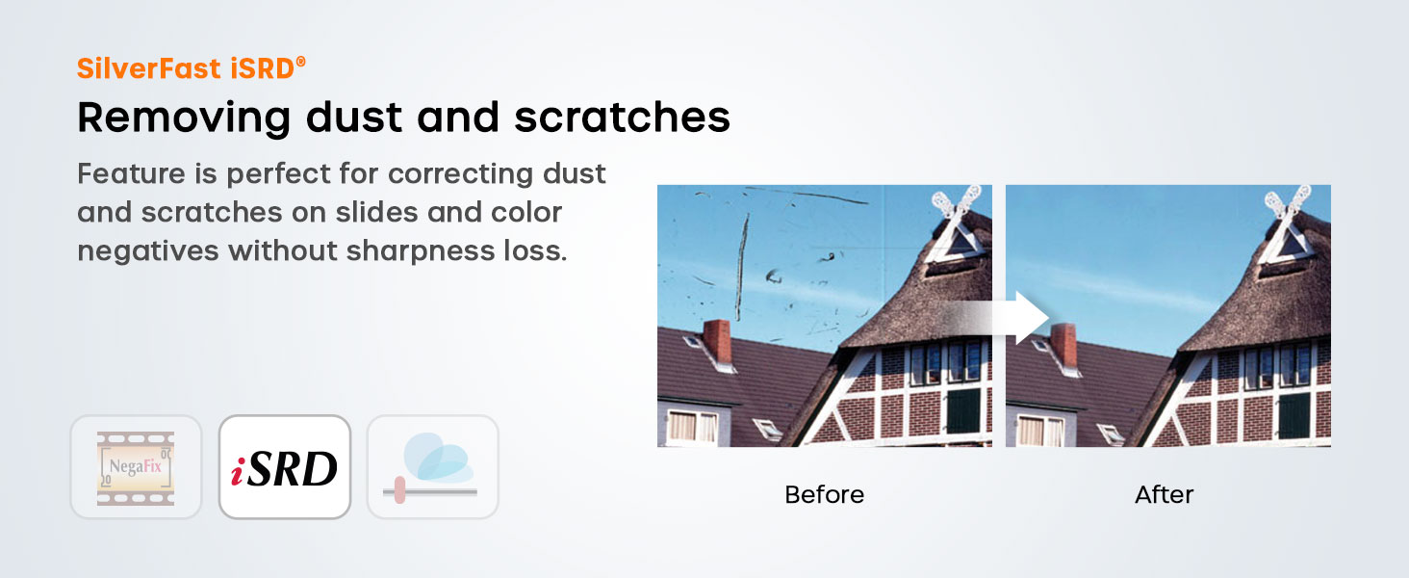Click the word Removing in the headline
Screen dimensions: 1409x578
184,118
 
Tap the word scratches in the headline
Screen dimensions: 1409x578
622,118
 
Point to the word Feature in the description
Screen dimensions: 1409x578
131,173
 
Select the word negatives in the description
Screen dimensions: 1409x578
148,250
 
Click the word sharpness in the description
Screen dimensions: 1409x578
421,250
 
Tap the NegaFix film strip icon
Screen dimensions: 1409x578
136,467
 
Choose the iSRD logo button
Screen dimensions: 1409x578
284,467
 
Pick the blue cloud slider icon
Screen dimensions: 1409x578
433,467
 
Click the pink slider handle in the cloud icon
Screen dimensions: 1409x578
399,489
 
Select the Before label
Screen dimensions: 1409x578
824,495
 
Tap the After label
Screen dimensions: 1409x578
1164,495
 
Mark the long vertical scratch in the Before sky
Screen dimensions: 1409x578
742,266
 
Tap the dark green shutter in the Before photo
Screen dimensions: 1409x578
963,410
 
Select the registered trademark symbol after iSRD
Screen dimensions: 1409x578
300,62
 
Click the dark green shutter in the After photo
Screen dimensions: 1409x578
1294,415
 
